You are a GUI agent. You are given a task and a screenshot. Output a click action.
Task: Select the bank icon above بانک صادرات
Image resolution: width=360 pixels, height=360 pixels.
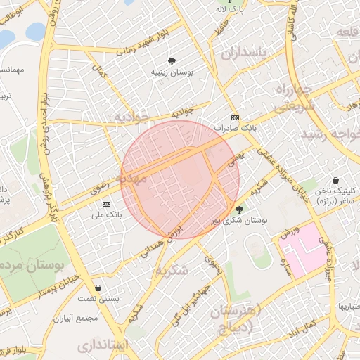[235, 117]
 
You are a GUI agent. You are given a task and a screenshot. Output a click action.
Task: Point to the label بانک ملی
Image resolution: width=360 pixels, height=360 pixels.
[108, 214]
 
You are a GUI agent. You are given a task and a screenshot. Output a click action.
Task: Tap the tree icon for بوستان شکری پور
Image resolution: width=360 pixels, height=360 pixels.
[239, 210]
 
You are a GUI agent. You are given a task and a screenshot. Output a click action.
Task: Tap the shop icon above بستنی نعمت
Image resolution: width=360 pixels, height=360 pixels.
[98, 288]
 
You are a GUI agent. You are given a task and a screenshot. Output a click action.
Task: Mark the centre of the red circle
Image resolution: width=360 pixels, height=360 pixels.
[180, 179]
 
